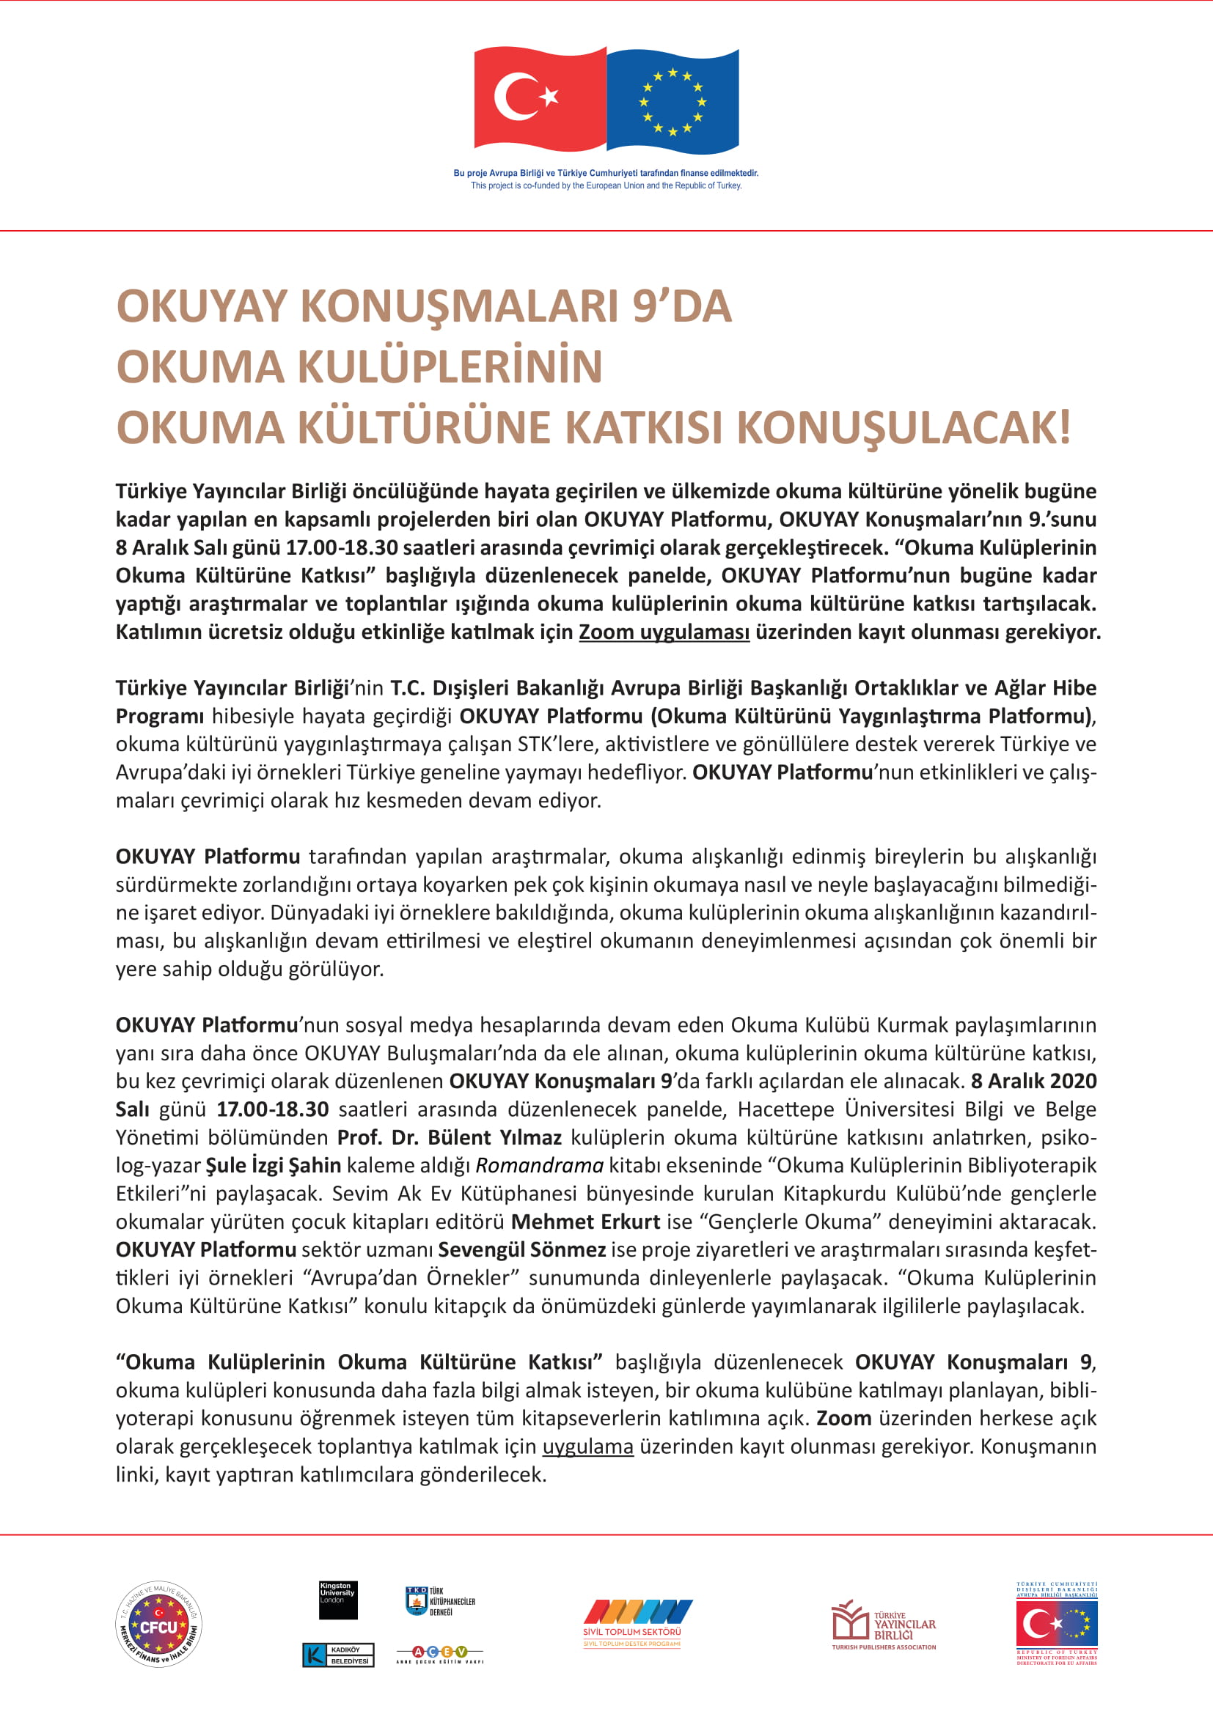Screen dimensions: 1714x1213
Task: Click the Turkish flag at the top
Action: coord(539,97)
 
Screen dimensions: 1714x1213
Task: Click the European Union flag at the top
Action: coord(673,101)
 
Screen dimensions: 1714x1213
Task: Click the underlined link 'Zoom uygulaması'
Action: coord(664,632)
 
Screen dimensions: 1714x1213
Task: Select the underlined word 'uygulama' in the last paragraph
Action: coord(588,1447)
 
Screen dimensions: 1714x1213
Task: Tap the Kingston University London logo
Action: coord(337,1599)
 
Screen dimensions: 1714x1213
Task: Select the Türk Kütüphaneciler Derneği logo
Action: coord(440,1600)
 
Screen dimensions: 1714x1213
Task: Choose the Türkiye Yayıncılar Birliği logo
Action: coord(884,1625)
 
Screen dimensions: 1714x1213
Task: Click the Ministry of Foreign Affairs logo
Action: coord(1056,1624)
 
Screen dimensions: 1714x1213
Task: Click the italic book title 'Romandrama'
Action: coord(539,1165)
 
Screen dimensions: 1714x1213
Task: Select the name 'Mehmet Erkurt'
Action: coord(585,1222)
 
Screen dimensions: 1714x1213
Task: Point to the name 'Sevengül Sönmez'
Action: coord(521,1249)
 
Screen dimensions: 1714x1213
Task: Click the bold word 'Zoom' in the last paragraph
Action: coord(844,1419)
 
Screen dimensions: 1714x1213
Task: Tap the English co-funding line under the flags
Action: coord(606,186)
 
